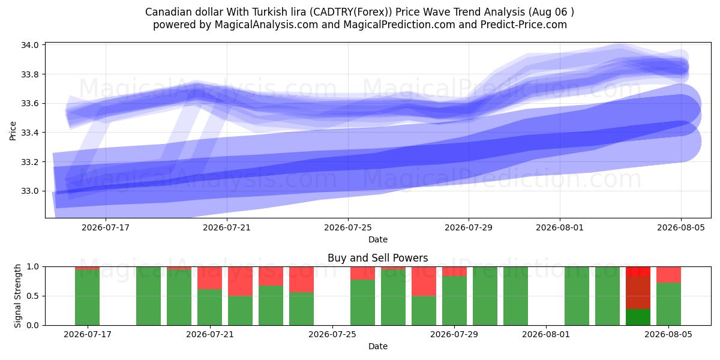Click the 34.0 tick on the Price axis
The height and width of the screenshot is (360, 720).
coord(30,45)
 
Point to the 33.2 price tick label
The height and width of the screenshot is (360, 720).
coord(30,162)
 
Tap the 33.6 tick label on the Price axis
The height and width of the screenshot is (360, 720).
coord(30,103)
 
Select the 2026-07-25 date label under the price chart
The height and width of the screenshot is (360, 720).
coord(348,228)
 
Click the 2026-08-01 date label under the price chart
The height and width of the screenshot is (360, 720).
coord(560,228)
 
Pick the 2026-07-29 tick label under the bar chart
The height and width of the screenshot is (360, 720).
coord(454,335)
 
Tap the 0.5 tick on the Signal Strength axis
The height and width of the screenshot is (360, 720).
coord(32,296)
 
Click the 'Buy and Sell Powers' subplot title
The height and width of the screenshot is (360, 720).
coord(377,258)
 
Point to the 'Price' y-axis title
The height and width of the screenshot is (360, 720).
coord(13,131)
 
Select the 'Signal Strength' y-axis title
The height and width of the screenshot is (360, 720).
coord(17,296)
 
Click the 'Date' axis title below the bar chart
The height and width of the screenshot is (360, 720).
coord(377,347)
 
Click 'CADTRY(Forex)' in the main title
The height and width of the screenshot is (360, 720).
coord(352,12)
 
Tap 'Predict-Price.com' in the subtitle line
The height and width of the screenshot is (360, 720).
coord(524,25)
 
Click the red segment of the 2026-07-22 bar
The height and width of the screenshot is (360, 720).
coord(241,281)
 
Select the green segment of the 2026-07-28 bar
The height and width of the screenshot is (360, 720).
coord(424,311)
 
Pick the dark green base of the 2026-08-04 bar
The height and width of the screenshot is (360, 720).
coord(638,317)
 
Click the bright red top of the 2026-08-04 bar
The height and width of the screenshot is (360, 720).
coord(638,271)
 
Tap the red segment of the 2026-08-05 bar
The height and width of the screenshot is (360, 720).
coord(668,275)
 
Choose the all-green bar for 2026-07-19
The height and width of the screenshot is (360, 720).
coord(149,296)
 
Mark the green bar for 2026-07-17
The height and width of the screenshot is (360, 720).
coord(87,298)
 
